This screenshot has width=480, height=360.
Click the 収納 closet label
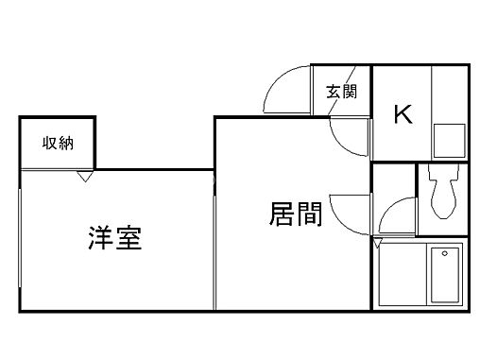tap(58, 144)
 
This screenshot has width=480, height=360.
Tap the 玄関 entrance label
tap(341, 92)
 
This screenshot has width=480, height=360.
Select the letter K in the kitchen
tap(402, 114)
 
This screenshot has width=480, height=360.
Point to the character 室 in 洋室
tap(129, 237)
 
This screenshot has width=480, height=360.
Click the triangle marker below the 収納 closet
tap(84, 176)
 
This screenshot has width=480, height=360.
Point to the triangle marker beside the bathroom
tap(379, 243)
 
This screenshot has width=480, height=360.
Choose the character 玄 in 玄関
tap(334, 92)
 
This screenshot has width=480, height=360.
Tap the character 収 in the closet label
tap(48, 144)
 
